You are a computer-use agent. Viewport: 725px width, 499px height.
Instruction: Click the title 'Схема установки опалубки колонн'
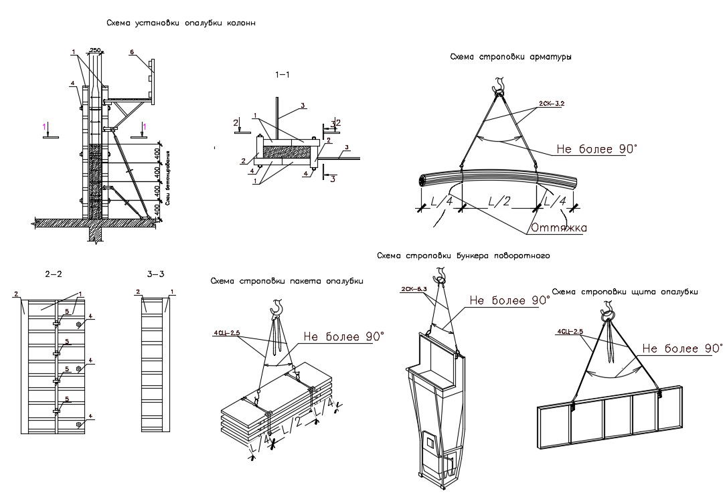click(x=181, y=23)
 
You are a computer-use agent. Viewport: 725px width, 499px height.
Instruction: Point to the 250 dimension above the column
click(x=96, y=50)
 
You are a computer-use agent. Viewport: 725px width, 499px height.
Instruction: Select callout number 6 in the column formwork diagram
click(x=132, y=52)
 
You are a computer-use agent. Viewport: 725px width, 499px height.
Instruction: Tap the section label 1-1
click(x=283, y=76)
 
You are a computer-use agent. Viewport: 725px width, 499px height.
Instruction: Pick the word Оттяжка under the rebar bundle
click(x=559, y=228)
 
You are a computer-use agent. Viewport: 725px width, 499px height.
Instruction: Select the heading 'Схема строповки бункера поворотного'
click(x=463, y=256)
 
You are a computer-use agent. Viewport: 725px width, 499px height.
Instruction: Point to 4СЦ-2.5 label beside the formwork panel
click(x=569, y=331)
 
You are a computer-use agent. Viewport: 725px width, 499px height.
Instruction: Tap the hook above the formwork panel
click(x=608, y=309)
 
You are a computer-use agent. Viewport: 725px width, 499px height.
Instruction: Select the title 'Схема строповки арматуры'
click(x=510, y=58)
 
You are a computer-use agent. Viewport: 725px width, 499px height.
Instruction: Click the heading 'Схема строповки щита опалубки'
click(x=624, y=292)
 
